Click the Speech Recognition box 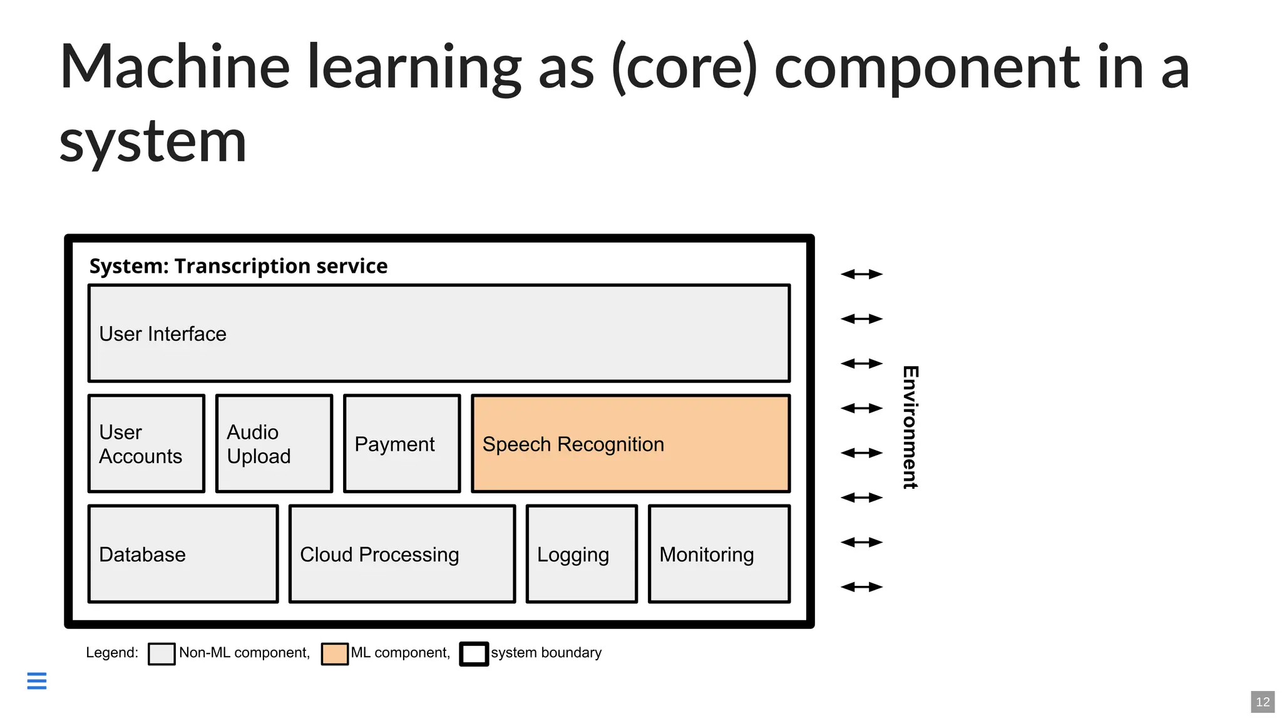(630, 444)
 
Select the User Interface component (439, 334)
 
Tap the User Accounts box (146, 444)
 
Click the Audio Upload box (274, 444)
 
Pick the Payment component (402, 444)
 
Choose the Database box (183, 554)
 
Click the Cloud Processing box (402, 554)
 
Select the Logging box (582, 554)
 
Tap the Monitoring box (719, 554)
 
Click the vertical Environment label (910, 427)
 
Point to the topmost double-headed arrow (861, 274)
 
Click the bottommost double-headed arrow (861, 587)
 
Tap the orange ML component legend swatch (334, 653)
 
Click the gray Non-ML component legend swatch (162, 653)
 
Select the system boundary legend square (474, 653)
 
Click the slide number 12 (1263, 702)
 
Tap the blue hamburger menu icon (37, 680)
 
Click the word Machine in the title (175, 68)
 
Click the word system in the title (153, 143)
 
